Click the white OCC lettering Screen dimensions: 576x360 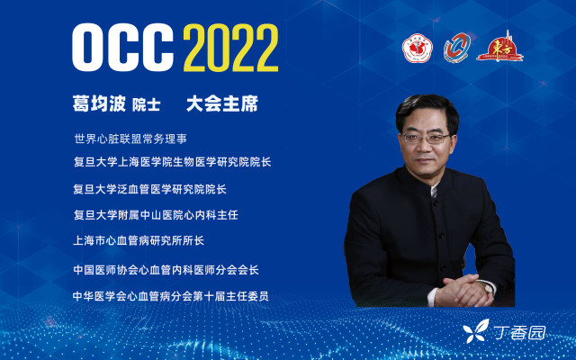(122, 48)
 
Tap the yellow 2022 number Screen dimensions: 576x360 (230, 48)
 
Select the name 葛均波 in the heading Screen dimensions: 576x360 (100, 103)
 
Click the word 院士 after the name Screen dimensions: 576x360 (146, 105)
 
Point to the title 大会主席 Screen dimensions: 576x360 (222, 103)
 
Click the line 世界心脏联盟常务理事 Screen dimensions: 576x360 (130, 139)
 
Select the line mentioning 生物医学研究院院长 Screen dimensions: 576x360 (172, 162)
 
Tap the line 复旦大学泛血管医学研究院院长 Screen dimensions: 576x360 (149, 189)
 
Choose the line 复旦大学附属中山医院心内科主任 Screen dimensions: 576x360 (156, 215)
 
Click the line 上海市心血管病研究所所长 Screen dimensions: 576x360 (139, 240)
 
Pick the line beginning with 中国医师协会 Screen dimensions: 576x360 (166, 270)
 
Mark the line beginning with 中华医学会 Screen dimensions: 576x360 (170, 296)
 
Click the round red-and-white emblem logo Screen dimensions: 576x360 (417, 48)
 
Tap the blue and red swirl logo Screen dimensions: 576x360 (456, 48)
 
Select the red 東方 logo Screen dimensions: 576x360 (500, 47)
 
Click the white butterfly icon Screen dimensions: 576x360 (476, 331)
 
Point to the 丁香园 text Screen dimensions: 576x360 (519, 333)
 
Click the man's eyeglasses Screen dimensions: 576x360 (426, 138)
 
